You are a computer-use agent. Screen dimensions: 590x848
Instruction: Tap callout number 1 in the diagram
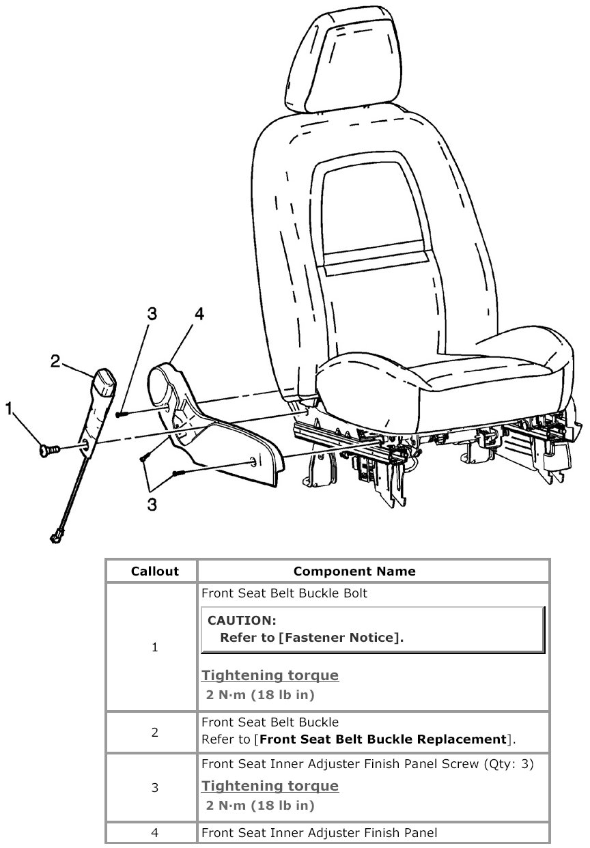pos(9,409)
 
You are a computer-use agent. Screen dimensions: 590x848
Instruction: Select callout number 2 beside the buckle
pos(57,361)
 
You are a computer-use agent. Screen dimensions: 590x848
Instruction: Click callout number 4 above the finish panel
pos(199,314)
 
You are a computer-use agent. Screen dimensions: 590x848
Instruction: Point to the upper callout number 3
pos(152,314)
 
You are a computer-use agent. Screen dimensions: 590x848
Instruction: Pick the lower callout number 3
pos(152,505)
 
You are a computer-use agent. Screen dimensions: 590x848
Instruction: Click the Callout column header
pos(155,571)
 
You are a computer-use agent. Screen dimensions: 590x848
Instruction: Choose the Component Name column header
pos(354,571)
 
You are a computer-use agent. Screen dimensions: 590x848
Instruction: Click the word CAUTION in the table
pos(241,621)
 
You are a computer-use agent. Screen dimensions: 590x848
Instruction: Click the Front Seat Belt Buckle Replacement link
pos(383,739)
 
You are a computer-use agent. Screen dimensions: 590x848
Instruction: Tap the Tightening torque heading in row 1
pos(270,675)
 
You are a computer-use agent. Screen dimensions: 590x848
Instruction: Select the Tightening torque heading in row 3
pos(270,786)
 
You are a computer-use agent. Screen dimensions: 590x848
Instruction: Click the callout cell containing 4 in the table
pos(155,832)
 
